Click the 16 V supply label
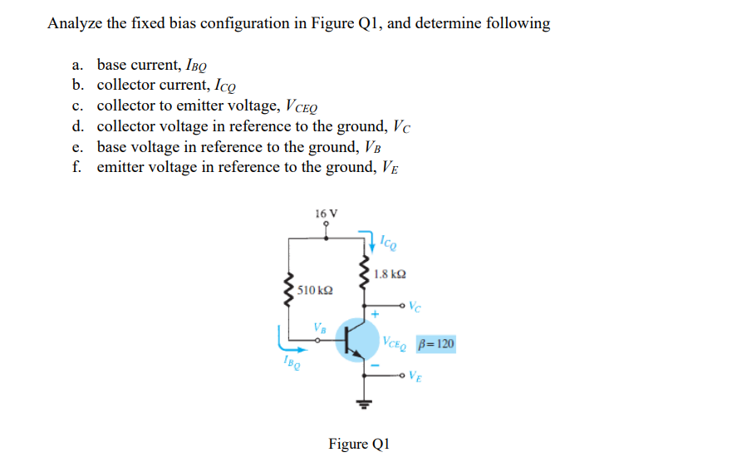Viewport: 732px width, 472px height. pyautogui.click(x=327, y=214)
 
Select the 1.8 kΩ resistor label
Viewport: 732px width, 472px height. pyautogui.click(x=390, y=274)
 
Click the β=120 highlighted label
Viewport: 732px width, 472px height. pyautogui.click(x=435, y=344)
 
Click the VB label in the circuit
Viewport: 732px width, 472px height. pyautogui.click(x=319, y=326)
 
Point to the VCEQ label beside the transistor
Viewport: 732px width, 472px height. pyautogui.click(x=395, y=342)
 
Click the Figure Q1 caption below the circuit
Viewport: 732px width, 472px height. pyautogui.click(x=358, y=444)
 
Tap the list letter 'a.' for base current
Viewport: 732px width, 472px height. pyautogui.click(x=78, y=65)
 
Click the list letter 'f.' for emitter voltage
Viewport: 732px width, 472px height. pyautogui.click(x=76, y=166)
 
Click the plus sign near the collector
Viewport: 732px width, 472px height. pyautogui.click(x=375, y=315)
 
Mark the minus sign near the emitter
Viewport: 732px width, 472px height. pyautogui.click(x=375, y=366)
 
